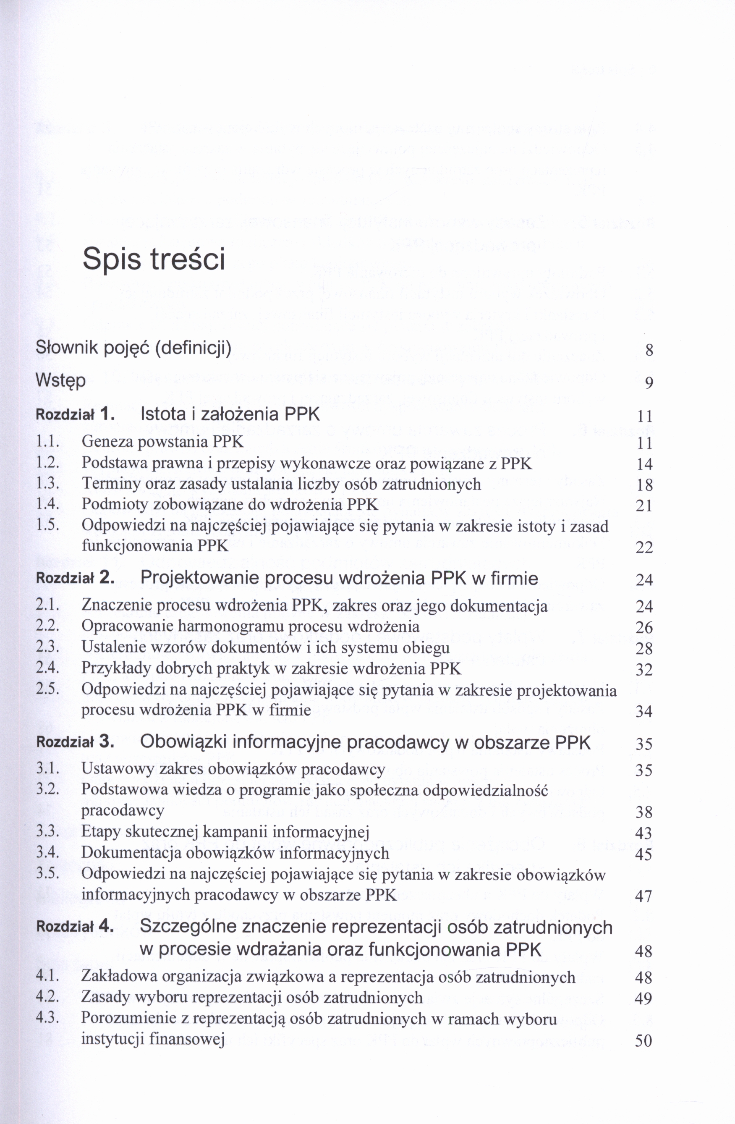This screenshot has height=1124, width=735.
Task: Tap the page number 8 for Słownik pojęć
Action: (x=649, y=351)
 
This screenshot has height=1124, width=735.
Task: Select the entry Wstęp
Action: (x=60, y=381)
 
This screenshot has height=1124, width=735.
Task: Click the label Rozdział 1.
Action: (x=76, y=415)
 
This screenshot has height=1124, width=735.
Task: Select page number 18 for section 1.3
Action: (x=644, y=485)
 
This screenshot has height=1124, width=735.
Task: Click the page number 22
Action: (x=644, y=548)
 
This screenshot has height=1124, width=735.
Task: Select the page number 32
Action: (x=644, y=670)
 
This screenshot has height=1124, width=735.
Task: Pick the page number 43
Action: (x=644, y=833)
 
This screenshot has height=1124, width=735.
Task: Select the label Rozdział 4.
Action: (x=76, y=926)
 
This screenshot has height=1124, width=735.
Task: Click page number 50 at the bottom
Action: (x=644, y=1041)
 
